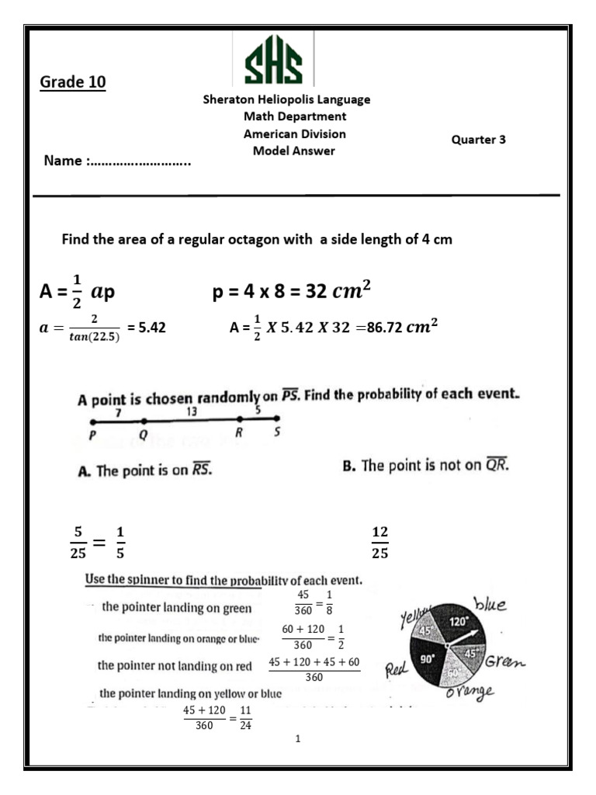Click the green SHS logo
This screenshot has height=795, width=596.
point(273,60)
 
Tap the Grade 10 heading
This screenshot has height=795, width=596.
point(72,82)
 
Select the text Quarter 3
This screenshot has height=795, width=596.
point(478,140)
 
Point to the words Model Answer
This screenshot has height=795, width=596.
point(293,151)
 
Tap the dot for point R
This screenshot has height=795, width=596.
point(240,420)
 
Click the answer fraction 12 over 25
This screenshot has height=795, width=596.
point(380,542)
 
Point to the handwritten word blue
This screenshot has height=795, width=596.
point(490,605)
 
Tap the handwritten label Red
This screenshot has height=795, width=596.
point(397,668)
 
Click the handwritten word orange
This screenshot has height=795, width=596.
point(471,690)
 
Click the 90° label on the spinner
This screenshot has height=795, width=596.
point(427,658)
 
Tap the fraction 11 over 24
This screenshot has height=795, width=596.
point(245,718)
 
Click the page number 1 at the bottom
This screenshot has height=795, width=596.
point(298,738)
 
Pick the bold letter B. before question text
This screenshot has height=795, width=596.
point(348,466)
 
